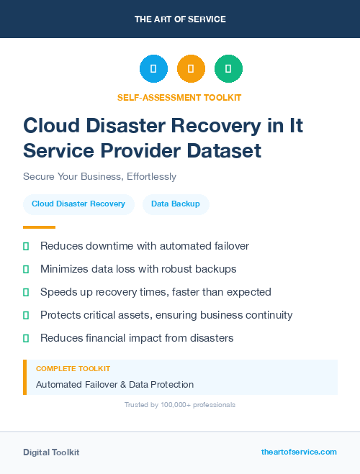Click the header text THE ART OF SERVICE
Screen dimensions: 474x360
pyautogui.click(x=180, y=19)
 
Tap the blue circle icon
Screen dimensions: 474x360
pyautogui.click(x=153, y=69)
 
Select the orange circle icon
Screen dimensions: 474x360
pyautogui.click(x=191, y=69)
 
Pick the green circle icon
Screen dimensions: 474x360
pyautogui.click(x=228, y=69)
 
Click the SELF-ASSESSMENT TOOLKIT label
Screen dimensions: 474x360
pyautogui.click(x=179, y=97)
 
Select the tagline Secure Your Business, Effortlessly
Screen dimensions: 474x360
pyautogui.click(x=99, y=176)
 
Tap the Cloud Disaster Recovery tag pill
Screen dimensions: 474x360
pyautogui.click(x=78, y=204)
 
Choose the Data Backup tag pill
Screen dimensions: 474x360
pyautogui.click(x=176, y=204)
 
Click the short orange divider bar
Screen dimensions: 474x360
pyautogui.click(x=29, y=227)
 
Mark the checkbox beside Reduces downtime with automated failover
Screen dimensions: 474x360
pyautogui.click(x=26, y=246)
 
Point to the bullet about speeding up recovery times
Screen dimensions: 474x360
pyautogui.click(x=156, y=292)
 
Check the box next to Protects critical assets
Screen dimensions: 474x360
pyautogui.click(x=26, y=315)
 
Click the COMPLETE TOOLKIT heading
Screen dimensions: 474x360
pyautogui.click(x=68, y=368)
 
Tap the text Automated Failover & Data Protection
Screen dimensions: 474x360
pyautogui.click(x=114, y=384)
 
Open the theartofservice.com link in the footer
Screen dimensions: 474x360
pyautogui.click(x=299, y=452)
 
